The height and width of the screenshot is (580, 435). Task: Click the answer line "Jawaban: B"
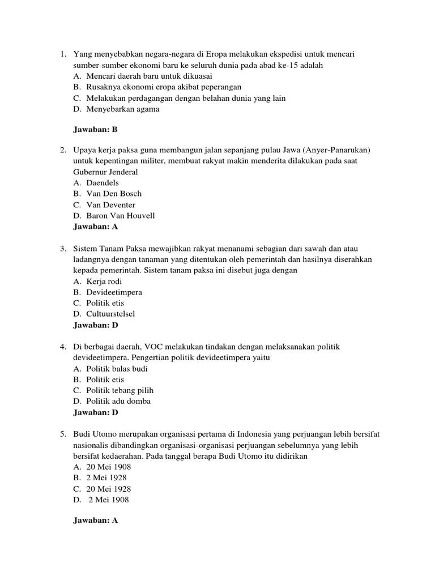95,130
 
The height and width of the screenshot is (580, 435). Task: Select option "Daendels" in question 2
103,183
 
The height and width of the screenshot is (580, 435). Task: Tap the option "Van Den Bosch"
114,194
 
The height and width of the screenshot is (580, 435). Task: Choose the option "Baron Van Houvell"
120,216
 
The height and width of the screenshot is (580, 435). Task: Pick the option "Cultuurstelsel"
110,314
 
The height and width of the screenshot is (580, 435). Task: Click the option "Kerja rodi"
104,282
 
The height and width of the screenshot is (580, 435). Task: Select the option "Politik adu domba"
118,401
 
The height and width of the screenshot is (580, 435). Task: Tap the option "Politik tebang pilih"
120,390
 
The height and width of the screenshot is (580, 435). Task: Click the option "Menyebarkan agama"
123,109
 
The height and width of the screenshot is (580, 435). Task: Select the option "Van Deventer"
111,204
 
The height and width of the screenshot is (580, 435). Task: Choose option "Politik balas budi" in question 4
117,369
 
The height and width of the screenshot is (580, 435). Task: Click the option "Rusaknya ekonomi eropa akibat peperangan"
164,87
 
